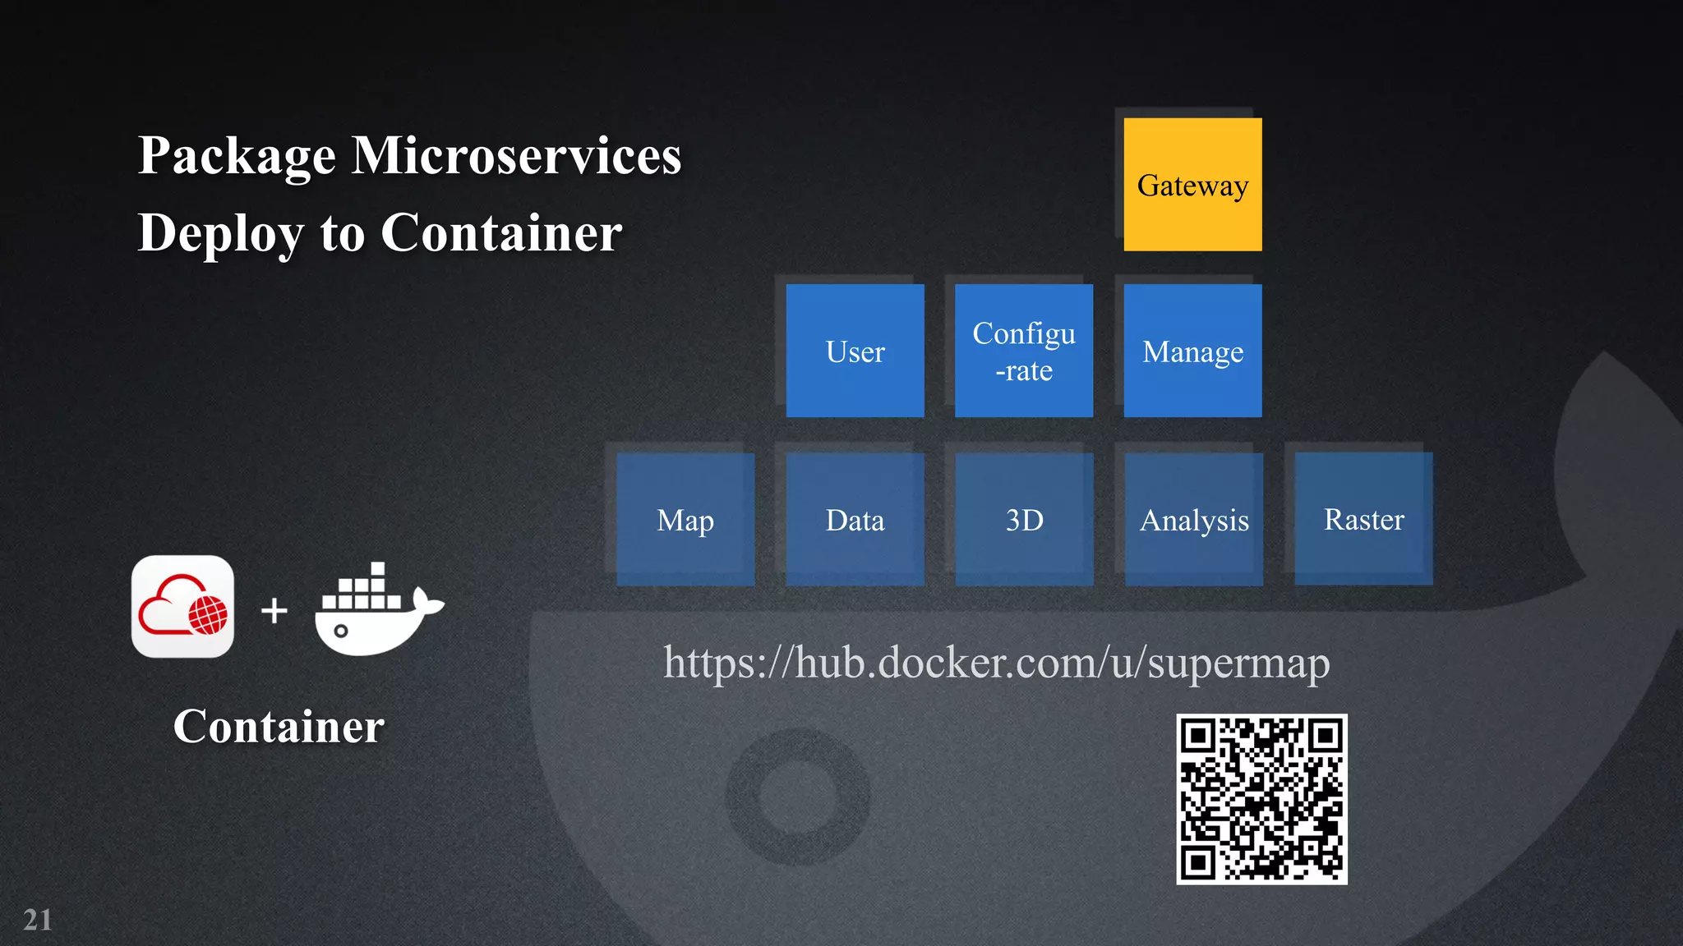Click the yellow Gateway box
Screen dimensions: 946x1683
tap(1192, 185)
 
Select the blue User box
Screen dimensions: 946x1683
tap(855, 351)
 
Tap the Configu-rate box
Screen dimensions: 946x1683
tap(1024, 351)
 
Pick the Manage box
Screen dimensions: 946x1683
tap(1192, 351)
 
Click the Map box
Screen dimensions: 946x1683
tap(685, 519)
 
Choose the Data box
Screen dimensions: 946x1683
tap(855, 519)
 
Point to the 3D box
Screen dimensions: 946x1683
tap(1024, 519)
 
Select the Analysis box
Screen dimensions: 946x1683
tap(1193, 519)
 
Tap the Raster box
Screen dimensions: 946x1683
tap(1363, 519)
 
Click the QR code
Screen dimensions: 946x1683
tap(1261, 799)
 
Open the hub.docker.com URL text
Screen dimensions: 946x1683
tap(996, 662)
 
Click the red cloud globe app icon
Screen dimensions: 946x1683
tap(182, 607)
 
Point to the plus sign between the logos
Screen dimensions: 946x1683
tap(274, 610)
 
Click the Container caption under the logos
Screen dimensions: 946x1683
tap(279, 726)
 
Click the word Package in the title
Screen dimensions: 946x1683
tap(237, 155)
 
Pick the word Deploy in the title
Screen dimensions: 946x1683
tap(220, 233)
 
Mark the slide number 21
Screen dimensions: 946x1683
tap(38, 920)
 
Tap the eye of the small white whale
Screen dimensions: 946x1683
tap(341, 631)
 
